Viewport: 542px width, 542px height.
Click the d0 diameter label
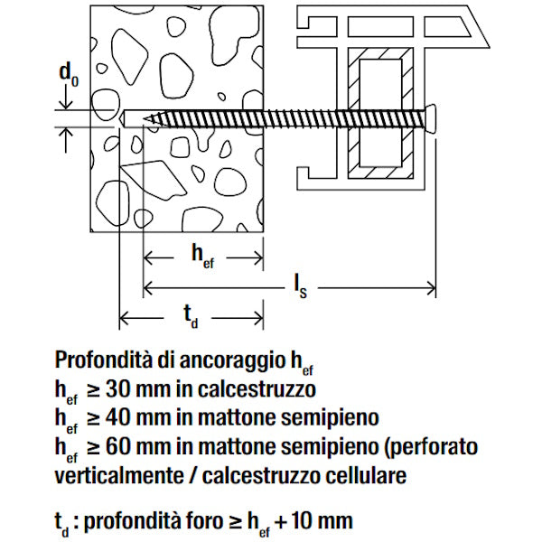coord(69,75)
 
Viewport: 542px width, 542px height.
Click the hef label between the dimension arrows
coord(203,257)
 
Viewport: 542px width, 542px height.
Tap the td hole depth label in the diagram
coord(191,316)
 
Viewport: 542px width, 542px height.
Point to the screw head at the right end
coord(430,119)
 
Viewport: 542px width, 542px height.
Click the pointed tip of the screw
coord(145,119)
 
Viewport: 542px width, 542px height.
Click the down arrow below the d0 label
coord(66,98)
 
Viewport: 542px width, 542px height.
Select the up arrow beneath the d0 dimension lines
coord(66,140)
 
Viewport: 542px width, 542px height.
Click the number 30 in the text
coord(118,389)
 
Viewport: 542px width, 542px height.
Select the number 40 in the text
coord(118,417)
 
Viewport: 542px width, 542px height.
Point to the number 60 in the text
coord(118,446)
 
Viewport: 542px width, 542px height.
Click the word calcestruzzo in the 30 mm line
coord(257,389)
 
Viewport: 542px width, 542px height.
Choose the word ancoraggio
coord(233,360)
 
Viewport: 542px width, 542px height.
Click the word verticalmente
coord(119,475)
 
